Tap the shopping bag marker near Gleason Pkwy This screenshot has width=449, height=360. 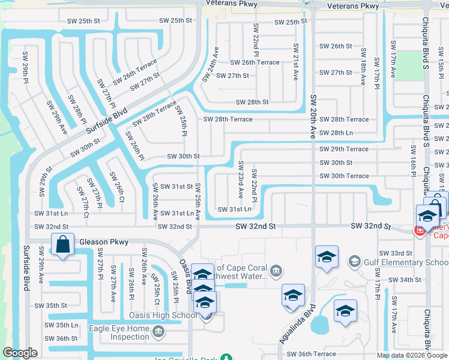coord(62,245)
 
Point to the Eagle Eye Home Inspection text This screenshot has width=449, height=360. coord(119,332)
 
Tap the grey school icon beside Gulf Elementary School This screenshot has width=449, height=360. coord(355,261)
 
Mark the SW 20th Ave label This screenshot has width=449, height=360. coord(313,116)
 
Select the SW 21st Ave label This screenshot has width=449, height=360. coord(295,62)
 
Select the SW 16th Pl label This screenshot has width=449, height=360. coord(414,161)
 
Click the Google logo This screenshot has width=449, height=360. coord(20,353)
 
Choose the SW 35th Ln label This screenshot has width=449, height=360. coord(63,325)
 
